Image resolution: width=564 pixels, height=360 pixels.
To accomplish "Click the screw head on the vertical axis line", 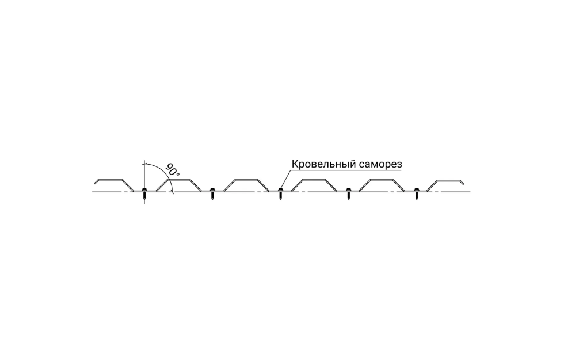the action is pos(144,190).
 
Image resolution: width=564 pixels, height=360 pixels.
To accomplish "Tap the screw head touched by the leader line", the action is pos(280,190).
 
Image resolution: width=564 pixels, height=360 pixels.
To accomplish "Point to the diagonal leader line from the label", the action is pos(285,179).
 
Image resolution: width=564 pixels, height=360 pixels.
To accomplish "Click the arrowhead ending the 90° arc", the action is pos(173,191).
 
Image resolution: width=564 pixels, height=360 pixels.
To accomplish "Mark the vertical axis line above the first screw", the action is pos(144,174).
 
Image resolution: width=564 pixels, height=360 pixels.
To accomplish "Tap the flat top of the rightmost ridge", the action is pos(448,180).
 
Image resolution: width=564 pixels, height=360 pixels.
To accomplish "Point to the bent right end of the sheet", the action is pos(462,182).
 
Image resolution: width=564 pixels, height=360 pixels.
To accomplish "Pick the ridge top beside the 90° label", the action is pos(178,179).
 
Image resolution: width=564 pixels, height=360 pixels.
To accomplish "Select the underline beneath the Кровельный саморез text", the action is pos(346,170).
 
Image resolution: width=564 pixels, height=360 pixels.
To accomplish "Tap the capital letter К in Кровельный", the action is pos(294,164).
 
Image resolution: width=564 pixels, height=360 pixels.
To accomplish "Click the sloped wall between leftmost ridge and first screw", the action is pos(128,185).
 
